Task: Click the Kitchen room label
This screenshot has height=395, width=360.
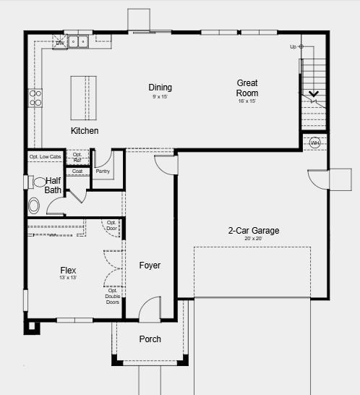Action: [85, 131]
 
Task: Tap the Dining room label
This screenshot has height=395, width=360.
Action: [160, 88]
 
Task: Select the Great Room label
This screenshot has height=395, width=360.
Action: [247, 88]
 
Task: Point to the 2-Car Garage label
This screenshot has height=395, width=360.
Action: [253, 231]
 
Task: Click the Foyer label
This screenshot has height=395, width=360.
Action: [150, 266]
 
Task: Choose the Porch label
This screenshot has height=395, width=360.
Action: [150, 339]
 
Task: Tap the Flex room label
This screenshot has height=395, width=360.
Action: [69, 271]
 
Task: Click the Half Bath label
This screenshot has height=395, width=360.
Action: [53, 185]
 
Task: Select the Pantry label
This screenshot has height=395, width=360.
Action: [103, 171]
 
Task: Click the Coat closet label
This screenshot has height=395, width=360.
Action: [77, 171]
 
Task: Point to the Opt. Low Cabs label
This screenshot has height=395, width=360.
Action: [45, 157]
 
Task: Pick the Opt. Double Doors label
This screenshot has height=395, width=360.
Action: [113, 297]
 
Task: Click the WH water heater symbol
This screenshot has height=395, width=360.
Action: [314, 143]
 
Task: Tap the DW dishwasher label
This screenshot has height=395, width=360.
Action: [60, 43]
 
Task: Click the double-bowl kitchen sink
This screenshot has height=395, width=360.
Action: [78, 42]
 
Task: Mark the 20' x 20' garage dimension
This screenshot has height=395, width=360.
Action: [253, 239]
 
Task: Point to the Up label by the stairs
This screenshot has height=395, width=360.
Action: [293, 47]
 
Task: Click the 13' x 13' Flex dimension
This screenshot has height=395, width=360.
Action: [69, 278]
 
